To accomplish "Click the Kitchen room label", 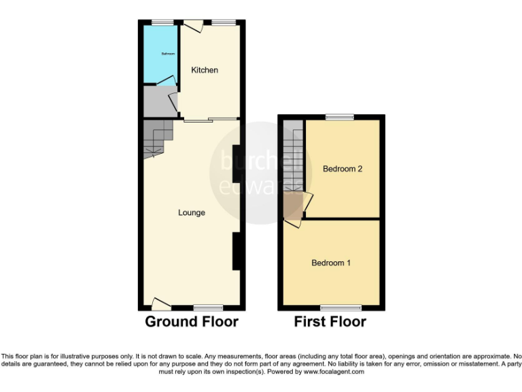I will [x=205, y=70].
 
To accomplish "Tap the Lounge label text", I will [x=192, y=213].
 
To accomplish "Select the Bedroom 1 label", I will [x=331, y=263].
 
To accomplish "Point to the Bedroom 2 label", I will [x=342, y=169].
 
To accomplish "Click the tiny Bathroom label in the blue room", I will [x=168, y=54].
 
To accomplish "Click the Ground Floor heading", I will [x=192, y=322].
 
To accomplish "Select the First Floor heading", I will [x=330, y=322].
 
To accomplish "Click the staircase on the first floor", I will [x=294, y=160].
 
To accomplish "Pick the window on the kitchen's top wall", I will [x=223, y=22].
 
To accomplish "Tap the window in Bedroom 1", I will [x=331, y=308].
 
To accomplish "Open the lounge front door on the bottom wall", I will [x=161, y=304].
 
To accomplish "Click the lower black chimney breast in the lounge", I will [x=236, y=251].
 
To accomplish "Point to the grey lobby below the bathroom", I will [x=158, y=102].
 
